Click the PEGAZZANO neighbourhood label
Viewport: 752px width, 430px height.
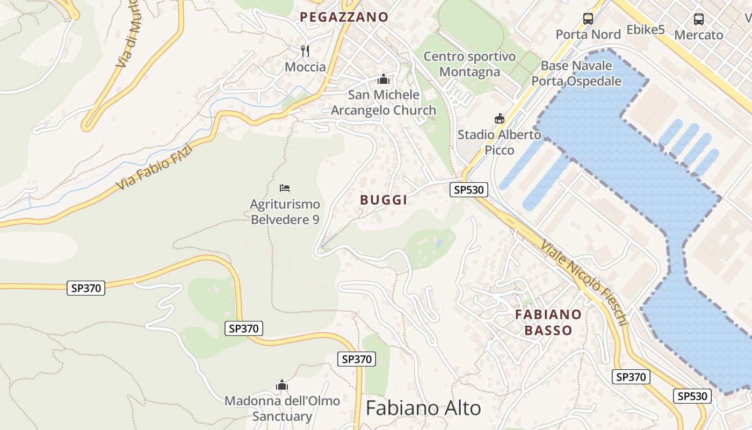click(x=344, y=17)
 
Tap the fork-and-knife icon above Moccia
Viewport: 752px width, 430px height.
click(x=305, y=51)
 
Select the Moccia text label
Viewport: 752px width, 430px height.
click(x=305, y=67)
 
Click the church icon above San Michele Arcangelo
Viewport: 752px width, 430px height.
click(x=384, y=80)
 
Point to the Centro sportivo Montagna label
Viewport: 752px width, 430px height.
click(x=469, y=64)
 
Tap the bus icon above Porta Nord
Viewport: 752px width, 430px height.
click(x=588, y=19)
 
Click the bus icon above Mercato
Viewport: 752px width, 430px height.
click(x=699, y=19)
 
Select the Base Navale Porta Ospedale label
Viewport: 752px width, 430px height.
click(x=576, y=74)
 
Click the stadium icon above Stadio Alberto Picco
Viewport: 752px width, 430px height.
click(x=500, y=118)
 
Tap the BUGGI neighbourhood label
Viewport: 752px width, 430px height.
click(x=384, y=200)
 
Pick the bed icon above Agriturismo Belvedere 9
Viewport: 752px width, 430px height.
click(x=285, y=188)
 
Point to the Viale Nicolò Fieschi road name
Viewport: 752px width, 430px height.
click(x=584, y=283)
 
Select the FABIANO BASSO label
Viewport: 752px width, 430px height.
click(x=548, y=322)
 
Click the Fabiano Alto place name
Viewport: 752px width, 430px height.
click(x=423, y=408)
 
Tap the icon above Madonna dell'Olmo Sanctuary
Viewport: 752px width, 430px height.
click(x=282, y=385)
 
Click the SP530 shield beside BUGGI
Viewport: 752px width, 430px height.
click(x=469, y=190)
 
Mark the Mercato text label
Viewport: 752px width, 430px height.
click(x=699, y=35)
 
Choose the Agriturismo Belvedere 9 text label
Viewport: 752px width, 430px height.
click(x=285, y=212)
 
